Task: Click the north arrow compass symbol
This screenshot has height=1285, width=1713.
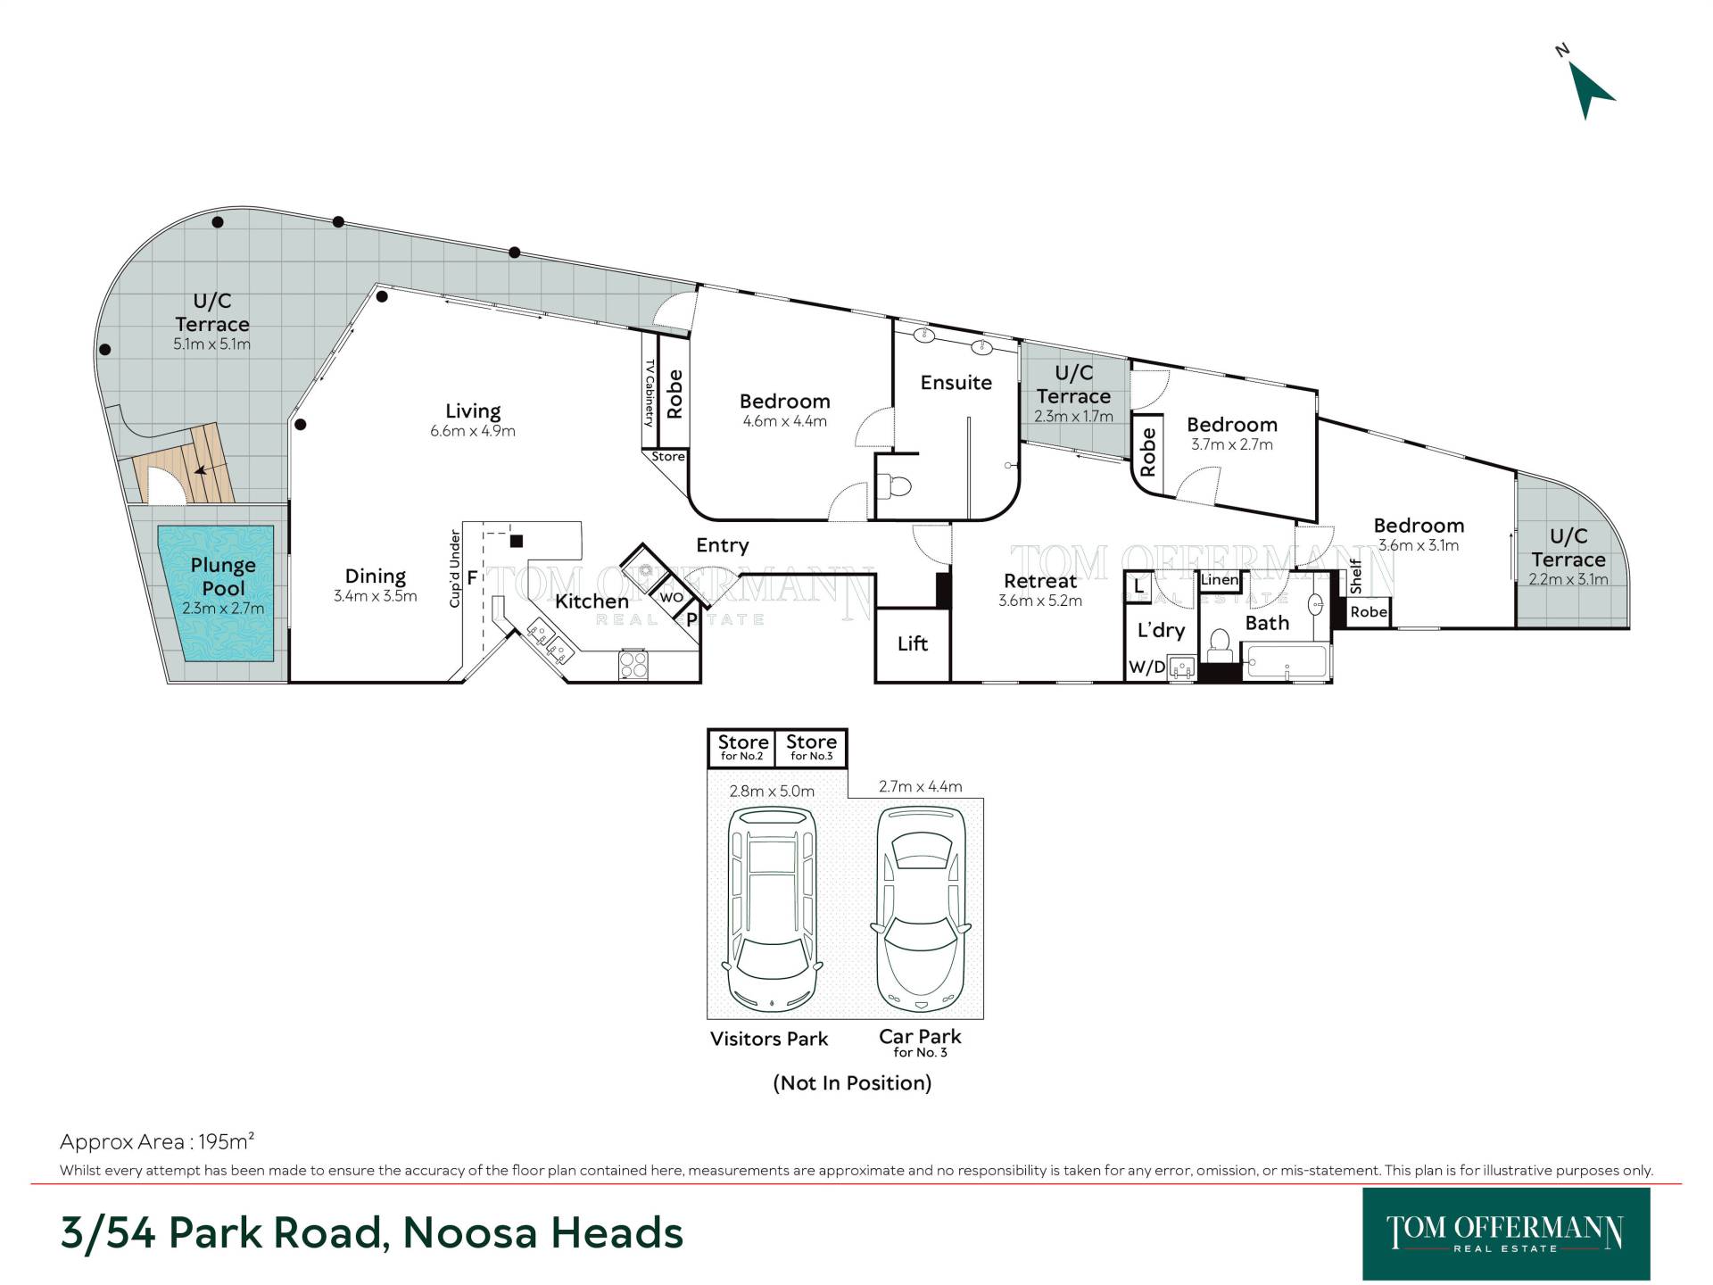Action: [1588, 87]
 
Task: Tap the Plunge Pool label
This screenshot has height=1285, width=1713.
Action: [223, 576]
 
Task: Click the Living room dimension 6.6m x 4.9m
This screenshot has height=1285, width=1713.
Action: [473, 431]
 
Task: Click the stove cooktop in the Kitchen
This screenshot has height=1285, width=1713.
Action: [633, 666]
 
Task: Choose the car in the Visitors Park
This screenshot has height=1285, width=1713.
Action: [774, 908]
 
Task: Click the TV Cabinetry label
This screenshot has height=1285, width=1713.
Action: [650, 393]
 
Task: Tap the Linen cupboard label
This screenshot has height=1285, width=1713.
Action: [1220, 580]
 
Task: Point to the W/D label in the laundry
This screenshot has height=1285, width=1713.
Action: [1146, 667]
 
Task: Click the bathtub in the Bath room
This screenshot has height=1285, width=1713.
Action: [1287, 661]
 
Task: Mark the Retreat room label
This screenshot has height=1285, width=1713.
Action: [1040, 581]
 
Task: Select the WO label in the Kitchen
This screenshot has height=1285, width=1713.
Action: [671, 598]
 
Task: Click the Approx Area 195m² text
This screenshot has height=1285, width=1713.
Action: [157, 1141]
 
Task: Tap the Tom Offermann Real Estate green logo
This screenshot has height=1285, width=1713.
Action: [1506, 1234]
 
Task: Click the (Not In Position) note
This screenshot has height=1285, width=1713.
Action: [852, 1083]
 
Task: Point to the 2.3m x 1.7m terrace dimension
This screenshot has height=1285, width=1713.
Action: [1073, 417]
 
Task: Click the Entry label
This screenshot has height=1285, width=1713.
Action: [723, 546]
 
